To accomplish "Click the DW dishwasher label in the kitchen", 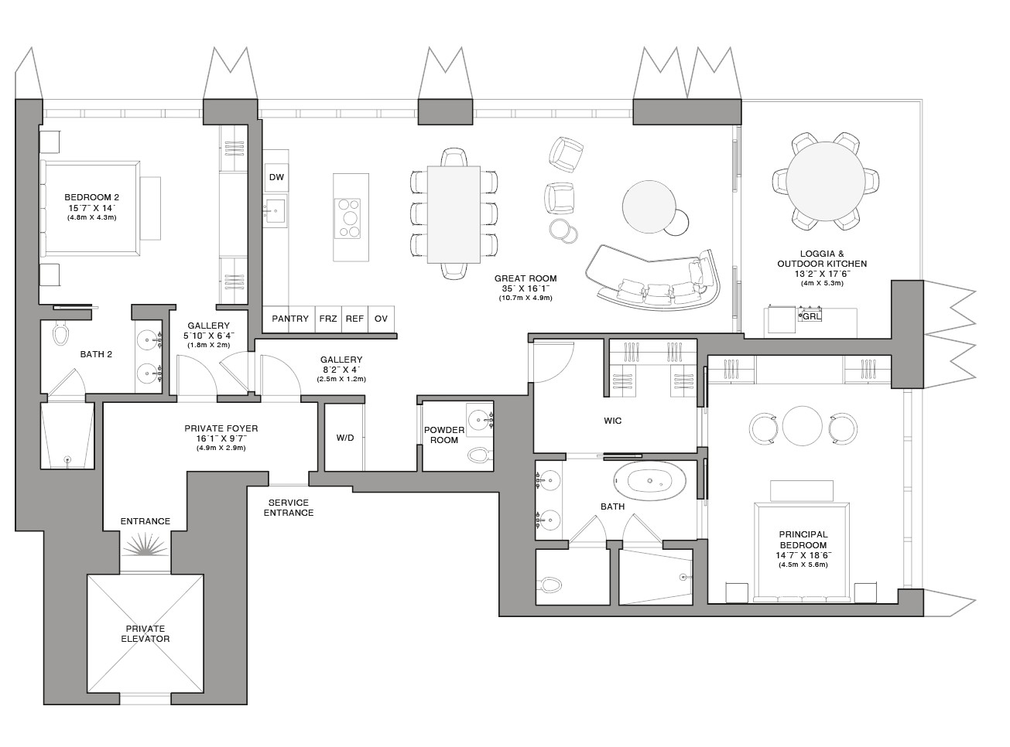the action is (x=276, y=177).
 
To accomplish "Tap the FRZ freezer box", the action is (x=328, y=319).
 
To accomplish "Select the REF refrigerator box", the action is (x=354, y=319).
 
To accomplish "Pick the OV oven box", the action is (x=381, y=319).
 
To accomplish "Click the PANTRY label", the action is (x=290, y=319).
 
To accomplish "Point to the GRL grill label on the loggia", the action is (x=811, y=316).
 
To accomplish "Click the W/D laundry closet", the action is (x=344, y=437).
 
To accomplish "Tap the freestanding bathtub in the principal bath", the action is (x=650, y=481).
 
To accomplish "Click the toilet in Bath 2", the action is (x=60, y=333).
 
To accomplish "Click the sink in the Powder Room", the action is (x=478, y=418).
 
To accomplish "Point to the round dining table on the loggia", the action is (x=826, y=181).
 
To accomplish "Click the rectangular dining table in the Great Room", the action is (x=454, y=214).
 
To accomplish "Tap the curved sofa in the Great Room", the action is (x=653, y=278).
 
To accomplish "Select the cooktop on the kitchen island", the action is (x=348, y=218).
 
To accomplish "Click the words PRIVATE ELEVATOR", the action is (x=146, y=634).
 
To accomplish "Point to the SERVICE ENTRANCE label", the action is (x=289, y=508).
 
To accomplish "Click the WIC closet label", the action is (x=612, y=421).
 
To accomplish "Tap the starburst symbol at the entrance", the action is (x=146, y=545).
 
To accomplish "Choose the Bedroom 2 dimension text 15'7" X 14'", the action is (x=92, y=208).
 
